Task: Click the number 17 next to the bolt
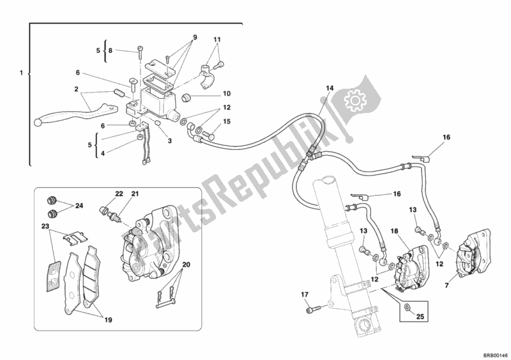(305, 295)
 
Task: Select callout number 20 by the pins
(187, 266)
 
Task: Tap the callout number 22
(119, 193)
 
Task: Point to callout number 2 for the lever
(75, 89)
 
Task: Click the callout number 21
(135, 193)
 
